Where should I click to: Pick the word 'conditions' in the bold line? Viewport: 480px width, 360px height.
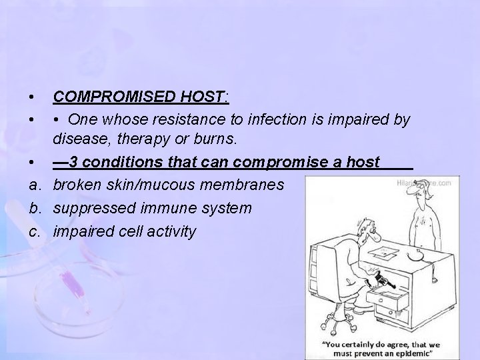(121, 162)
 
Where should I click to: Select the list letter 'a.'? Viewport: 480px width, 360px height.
(33, 184)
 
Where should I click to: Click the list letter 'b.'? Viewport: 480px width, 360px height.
(33, 207)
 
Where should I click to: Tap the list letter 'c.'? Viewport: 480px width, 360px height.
(33, 231)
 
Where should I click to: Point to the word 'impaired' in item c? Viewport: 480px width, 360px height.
(79, 231)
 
